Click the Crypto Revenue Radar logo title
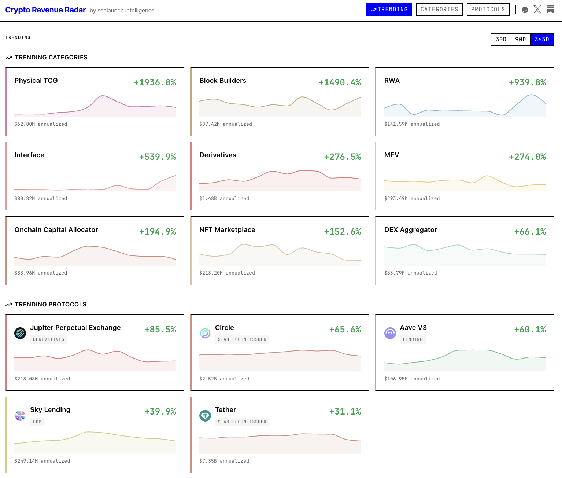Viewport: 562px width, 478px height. tap(45, 10)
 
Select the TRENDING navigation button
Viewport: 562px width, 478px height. tap(389, 10)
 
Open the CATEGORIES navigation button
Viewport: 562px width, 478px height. tap(439, 10)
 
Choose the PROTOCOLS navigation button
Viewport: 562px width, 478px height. tap(488, 10)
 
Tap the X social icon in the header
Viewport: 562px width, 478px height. tap(537, 10)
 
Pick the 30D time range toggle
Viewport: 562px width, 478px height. tap(501, 40)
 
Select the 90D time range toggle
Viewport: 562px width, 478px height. tap(521, 40)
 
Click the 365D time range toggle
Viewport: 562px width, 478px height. tap(542, 40)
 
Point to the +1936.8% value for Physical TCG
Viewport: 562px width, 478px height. tap(155, 82)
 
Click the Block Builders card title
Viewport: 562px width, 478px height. tap(223, 81)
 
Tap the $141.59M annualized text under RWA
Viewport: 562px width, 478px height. tap(412, 124)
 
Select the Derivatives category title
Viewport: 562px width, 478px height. tap(218, 155)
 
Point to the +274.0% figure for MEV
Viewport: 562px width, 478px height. tap(527, 157)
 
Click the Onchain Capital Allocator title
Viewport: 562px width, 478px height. tap(56, 230)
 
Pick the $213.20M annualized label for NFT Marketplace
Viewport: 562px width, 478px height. tap(227, 273)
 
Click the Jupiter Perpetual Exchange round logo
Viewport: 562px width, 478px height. tap(20, 333)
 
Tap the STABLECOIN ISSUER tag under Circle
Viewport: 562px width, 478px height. tap(242, 339)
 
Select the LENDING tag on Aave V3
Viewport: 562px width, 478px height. tap(413, 339)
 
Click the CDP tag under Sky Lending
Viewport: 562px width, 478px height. tap(37, 422)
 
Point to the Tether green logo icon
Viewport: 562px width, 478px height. tap(205, 416)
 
